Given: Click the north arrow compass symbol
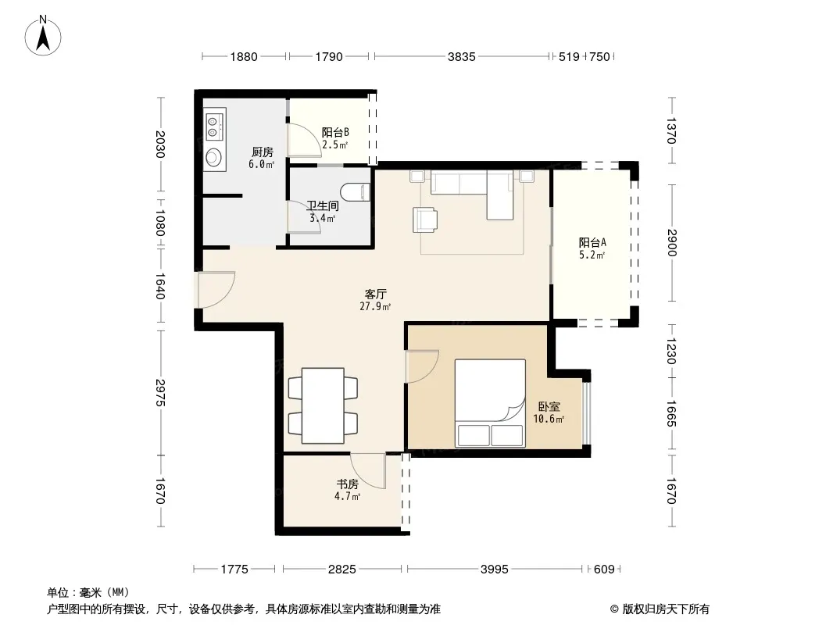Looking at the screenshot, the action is coord(43,36).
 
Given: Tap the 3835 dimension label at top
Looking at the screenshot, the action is coord(461,56).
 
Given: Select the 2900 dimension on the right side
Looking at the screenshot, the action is coord(672,243).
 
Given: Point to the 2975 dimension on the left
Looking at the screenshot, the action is coord(160,392).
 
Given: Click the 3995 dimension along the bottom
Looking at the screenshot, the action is coord(494,570).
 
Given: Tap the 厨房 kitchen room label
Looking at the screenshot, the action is coord(262,152).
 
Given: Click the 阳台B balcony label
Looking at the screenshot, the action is coord(335,132).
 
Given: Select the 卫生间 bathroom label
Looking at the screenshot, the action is coord(323,205).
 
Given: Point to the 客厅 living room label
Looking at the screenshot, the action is coord(375,294).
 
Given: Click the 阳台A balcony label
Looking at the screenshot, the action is coord(592,243).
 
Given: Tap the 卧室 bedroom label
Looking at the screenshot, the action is coord(549,407).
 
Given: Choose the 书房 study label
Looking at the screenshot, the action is coord(348,484).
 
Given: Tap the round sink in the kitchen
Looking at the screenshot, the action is coord(213,157).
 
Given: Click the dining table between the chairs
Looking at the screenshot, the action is coord(323,405).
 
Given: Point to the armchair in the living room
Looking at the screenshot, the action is coord(426,220).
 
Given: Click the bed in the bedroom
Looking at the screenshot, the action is coord(490,403).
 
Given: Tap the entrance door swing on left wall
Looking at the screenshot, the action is coord(216,290).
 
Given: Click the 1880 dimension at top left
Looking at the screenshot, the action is coord(244,56).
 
